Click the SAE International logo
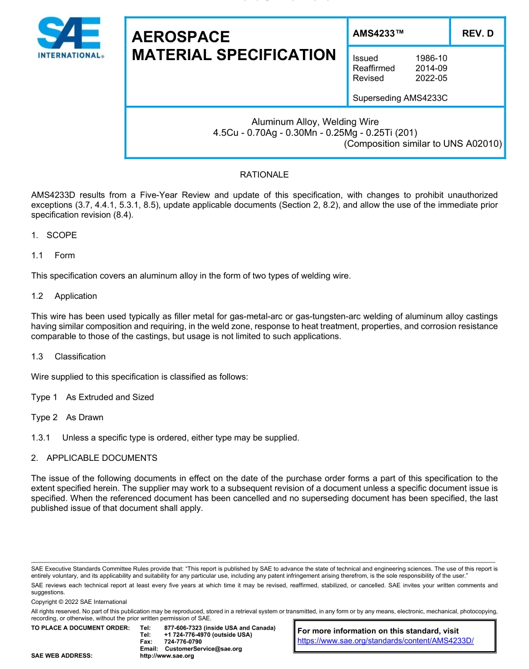70,38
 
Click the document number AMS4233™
378,33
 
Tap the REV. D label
477,33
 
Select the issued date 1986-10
431,58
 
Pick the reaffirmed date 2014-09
431,68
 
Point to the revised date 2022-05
431,78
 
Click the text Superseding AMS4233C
400,98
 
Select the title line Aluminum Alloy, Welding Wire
315,122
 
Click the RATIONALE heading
264,175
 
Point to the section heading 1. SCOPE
54,235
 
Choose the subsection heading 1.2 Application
65,296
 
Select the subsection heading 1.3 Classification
68,356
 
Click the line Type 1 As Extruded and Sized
92,397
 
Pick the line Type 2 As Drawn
67,417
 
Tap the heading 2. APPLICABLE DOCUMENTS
94,458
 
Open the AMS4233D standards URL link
385,641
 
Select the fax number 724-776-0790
183,642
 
